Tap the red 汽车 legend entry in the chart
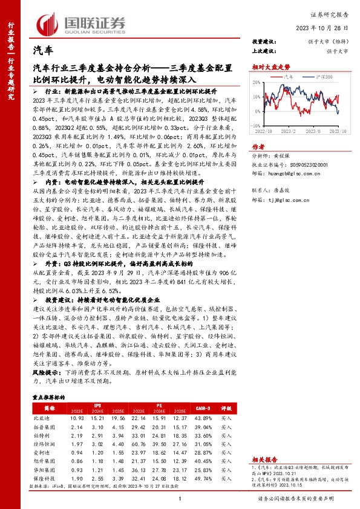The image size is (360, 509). coord(287,78)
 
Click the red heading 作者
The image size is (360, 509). coord(258,146)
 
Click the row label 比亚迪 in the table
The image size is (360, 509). coord(42,418)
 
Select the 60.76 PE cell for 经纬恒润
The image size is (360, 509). coord(138,443)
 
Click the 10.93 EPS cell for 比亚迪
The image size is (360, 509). coord(76,418)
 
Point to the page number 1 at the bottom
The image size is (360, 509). coord(180,498)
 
